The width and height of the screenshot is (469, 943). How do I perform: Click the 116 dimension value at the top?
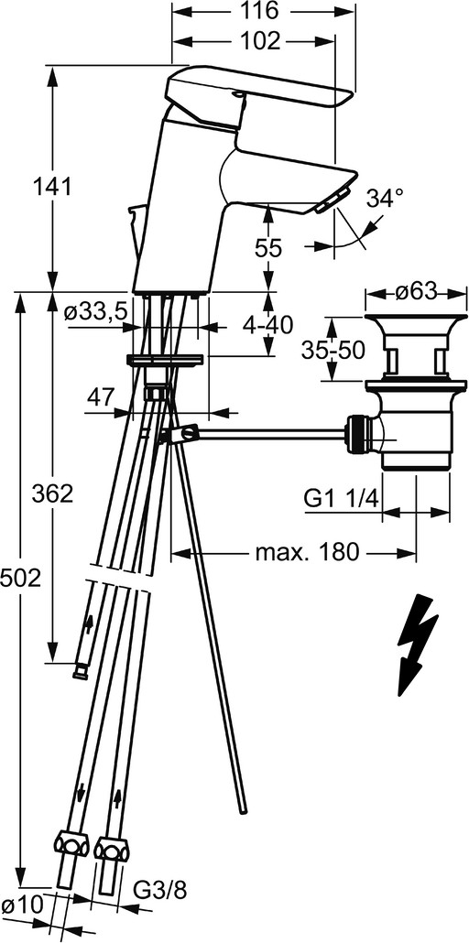(x=262, y=11)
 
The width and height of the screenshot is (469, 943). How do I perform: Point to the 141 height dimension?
(x=52, y=187)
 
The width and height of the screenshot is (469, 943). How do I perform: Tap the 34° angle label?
(x=386, y=198)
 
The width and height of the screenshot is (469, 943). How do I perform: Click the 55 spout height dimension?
(x=267, y=248)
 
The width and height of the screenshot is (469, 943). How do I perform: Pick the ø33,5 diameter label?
(x=96, y=311)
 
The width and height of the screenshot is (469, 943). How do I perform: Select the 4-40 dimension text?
(x=267, y=325)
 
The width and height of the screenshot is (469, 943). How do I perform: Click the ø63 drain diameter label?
(x=416, y=292)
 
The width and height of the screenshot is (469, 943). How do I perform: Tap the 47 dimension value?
(x=101, y=397)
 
